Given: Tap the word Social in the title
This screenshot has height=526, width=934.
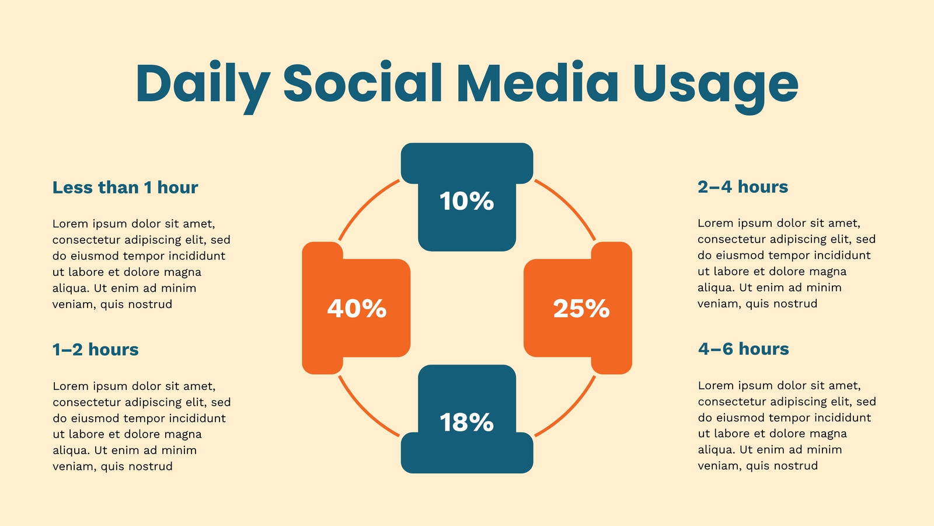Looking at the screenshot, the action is coord(363,82).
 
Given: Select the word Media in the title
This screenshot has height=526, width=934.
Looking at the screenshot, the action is coord(538,82).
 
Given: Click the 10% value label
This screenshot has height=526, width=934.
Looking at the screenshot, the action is coord(466,201).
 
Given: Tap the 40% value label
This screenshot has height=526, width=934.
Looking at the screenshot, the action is coord(357,309).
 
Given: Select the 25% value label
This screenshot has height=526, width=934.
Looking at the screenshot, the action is coord(581,309).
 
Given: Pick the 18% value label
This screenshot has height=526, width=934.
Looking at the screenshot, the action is coord(466,422).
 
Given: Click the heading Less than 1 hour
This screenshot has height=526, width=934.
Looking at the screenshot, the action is coord(125,188).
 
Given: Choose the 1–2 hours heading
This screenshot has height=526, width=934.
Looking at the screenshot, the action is coord(96,349).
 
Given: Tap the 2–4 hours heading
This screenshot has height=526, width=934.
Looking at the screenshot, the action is coord(743,186).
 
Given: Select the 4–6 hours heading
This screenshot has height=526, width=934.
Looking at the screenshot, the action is coord(744,348).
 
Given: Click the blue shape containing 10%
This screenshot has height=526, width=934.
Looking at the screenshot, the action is coord(467,197).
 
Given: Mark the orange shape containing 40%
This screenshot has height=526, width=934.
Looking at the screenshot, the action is coord(356,308).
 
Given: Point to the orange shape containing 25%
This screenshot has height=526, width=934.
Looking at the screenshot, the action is coord(578,308).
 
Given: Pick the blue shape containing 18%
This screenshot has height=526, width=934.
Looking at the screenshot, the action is coord(467,419).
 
